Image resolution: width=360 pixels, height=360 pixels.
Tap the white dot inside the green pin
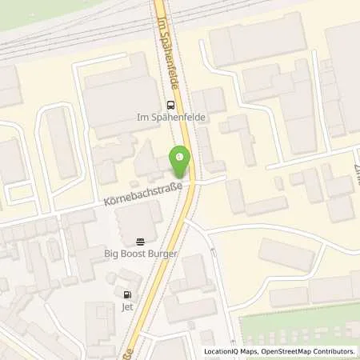180,158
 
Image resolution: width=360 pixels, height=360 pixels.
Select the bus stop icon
170,105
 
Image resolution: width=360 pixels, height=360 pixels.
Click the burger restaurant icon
141,241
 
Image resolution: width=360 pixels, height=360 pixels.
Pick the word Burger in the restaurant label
167,254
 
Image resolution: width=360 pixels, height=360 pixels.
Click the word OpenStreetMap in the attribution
283,351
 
